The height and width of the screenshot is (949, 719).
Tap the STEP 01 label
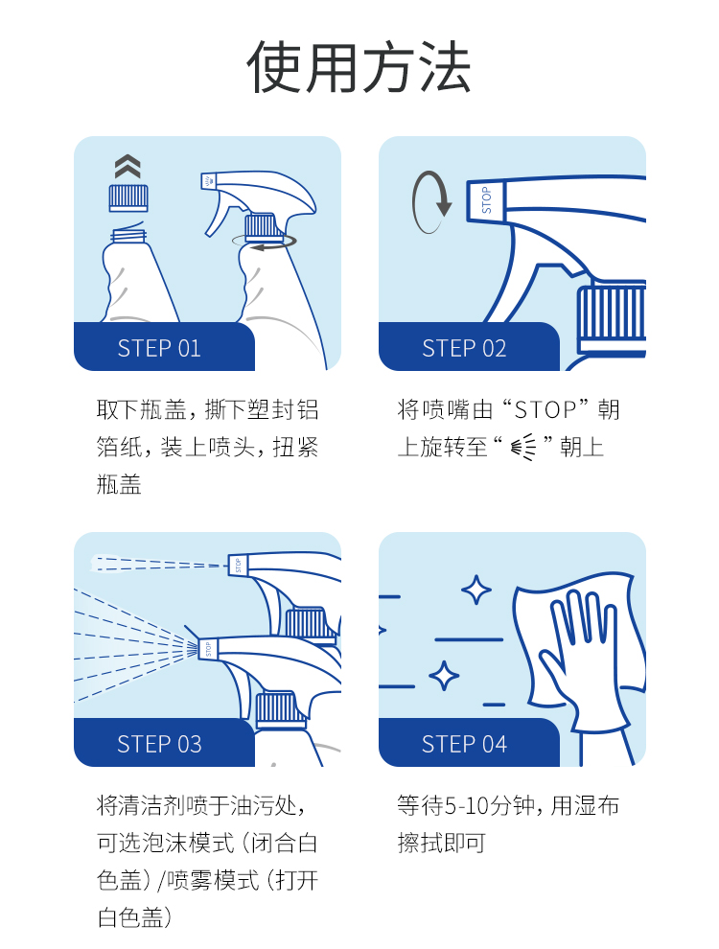tap(159, 348)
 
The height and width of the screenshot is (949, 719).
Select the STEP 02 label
tap(464, 348)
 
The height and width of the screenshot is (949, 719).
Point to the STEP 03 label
tap(159, 744)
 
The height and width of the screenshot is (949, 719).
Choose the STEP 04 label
tap(464, 744)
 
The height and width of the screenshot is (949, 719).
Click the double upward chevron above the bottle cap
tap(128, 166)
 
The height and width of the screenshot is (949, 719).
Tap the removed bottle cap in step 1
tap(128, 197)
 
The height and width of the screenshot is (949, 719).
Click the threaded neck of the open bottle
tap(128, 234)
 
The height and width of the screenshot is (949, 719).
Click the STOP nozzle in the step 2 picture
tap(485, 199)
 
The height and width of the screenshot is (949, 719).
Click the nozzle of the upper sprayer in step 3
tap(238, 565)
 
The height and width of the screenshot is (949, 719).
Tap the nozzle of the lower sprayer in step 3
tap(208, 649)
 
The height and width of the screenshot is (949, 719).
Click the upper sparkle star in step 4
tap(476, 590)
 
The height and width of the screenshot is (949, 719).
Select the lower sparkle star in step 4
tap(444, 676)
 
